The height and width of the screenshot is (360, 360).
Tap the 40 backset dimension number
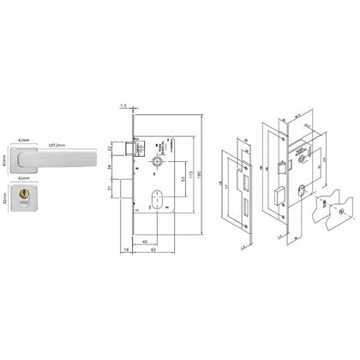[147, 240]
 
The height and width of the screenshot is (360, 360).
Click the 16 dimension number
[126, 251]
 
